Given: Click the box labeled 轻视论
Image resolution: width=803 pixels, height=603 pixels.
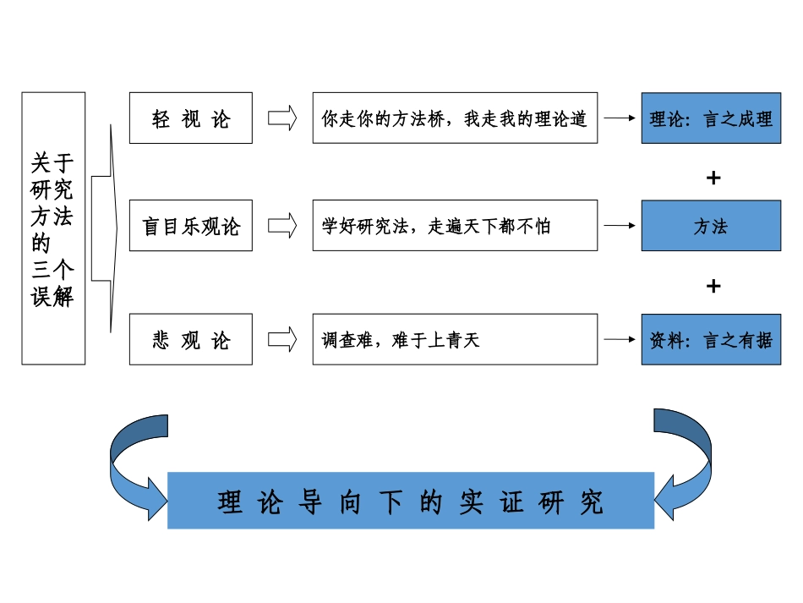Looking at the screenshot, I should coord(190,118).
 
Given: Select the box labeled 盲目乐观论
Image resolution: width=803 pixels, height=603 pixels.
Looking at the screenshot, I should coord(190,226).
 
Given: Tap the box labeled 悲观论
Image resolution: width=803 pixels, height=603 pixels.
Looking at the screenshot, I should coord(190,340).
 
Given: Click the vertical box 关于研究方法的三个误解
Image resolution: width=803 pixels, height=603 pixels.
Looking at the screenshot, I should coord(53,228).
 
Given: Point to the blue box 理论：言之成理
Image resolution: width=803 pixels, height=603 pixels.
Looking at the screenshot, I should coord(711,118).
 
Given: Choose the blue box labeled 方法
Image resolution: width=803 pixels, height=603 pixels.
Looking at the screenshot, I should coord(711,226).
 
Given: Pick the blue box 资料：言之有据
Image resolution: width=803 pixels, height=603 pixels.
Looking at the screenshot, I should coord(711,340).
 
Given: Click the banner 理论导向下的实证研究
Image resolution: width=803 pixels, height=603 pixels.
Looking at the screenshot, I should coord(411,501).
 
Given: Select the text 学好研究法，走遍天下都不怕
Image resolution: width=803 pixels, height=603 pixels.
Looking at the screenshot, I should coord(436,226).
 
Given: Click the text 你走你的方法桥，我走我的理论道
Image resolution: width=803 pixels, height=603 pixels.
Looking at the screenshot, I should coord(454,118).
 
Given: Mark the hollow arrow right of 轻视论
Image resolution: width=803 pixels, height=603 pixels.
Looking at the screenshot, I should coord(282,118).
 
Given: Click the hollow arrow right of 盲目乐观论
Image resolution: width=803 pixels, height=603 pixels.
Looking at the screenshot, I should coord(282,226).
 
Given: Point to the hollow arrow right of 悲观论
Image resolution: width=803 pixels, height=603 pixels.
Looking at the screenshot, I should coord(282,340).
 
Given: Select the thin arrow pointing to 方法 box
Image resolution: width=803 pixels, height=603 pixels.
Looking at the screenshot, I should coord(620,226).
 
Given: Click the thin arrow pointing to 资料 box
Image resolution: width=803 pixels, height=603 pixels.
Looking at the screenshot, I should coord(620,340).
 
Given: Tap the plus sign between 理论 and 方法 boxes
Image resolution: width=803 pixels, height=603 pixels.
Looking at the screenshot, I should coord(713,178).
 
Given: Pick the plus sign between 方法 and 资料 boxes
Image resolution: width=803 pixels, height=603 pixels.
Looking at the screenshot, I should coord(713,286).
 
